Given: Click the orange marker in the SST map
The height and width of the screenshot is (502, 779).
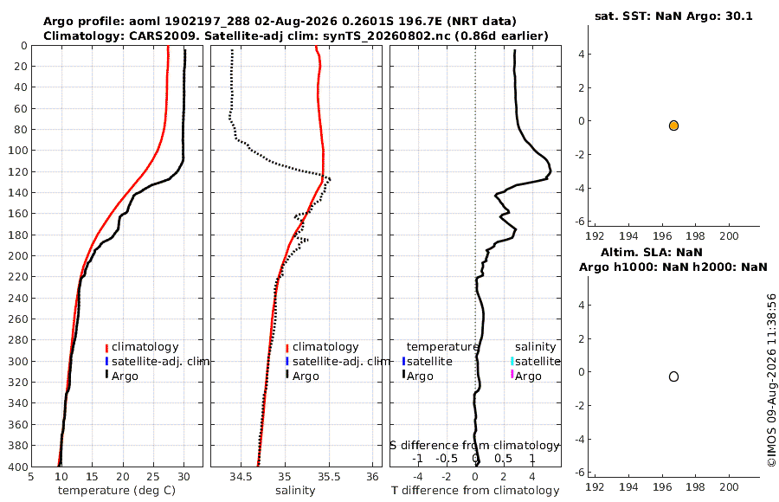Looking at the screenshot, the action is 673,125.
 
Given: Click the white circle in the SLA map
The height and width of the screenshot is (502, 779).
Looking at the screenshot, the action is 673,376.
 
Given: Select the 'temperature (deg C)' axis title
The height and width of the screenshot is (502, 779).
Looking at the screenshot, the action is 117,491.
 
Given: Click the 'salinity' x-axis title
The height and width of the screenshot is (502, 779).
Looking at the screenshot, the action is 295,491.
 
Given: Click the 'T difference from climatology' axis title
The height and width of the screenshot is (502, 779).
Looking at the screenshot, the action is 475,491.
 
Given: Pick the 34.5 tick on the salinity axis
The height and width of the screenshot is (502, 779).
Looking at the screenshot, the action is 241,477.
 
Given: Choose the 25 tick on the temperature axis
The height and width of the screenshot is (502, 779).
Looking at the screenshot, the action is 153,477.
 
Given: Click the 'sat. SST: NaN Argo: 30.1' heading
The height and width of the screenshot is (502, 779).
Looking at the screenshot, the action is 673,16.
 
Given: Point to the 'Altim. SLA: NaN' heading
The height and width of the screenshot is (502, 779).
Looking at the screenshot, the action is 651,252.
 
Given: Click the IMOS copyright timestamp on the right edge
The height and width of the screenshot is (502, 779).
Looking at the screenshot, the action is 771,380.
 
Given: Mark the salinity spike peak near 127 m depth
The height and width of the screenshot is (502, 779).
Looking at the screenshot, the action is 330,179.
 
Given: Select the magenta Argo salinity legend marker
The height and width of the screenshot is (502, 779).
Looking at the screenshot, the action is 512,374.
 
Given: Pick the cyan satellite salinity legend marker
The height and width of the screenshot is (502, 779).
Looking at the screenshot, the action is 512,361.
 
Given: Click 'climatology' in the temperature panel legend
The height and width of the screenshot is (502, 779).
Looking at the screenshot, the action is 145,347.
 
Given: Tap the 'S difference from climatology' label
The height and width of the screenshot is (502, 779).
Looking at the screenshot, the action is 475,446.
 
